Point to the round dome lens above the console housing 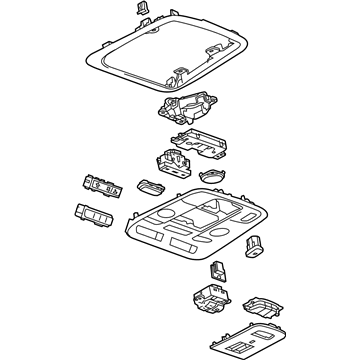[211, 176]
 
